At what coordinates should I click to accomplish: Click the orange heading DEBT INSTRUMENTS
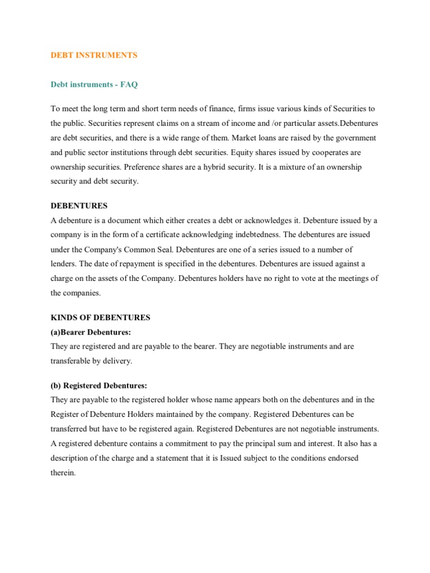pos(94,55)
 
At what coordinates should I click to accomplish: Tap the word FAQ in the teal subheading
pos(128,84)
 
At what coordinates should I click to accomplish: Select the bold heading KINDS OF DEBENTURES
pos(101,317)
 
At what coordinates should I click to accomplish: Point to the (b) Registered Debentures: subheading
pos(99,386)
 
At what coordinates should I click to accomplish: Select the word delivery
pos(118,361)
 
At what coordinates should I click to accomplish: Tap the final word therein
pos(63,473)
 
